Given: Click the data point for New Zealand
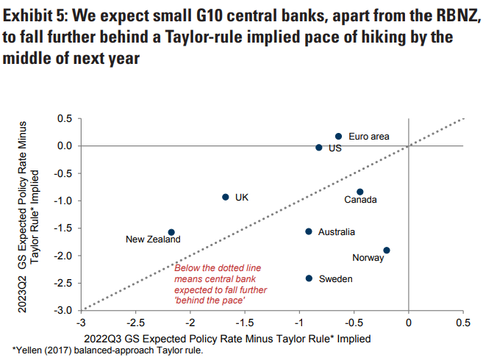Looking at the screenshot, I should [171, 232].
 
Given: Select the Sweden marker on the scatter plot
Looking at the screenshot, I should [309, 278].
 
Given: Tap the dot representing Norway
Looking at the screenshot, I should [387, 251].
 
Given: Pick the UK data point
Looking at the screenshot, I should [226, 197].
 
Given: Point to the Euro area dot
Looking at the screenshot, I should [338, 136].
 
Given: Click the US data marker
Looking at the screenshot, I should [319, 148].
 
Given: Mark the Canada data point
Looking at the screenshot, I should [359, 192].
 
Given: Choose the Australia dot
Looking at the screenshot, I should [309, 231].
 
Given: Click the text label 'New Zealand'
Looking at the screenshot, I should [153, 240].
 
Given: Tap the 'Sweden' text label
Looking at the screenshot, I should [335, 279].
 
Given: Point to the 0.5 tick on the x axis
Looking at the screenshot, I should [463, 323].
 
